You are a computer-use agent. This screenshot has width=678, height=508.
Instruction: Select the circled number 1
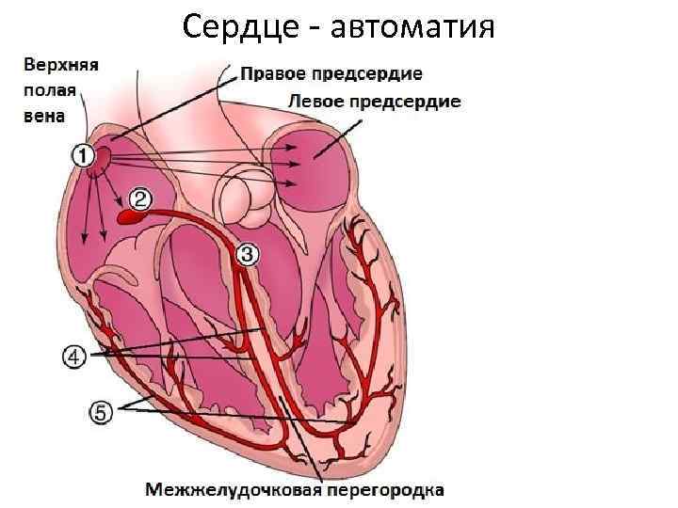[x=81, y=155]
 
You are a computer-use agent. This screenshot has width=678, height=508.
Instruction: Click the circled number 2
[x=139, y=198]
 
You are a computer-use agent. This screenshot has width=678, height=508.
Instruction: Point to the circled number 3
[x=246, y=252]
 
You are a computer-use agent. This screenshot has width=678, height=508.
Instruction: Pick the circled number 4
[x=73, y=357]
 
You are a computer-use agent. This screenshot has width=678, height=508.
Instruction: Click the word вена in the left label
[x=42, y=116]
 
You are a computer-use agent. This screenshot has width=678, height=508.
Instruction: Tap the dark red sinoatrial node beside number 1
[x=99, y=161]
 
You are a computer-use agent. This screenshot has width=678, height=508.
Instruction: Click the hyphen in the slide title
[x=308, y=27]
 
